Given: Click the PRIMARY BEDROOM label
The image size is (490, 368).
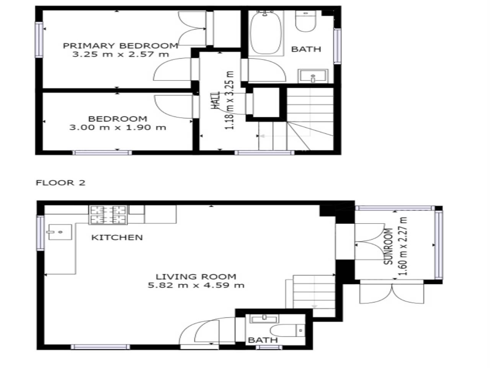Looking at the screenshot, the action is click(x=121, y=46).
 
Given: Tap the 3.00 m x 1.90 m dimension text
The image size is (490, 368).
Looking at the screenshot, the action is click(x=118, y=128).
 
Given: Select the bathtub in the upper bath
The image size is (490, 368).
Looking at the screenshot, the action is click(x=266, y=33).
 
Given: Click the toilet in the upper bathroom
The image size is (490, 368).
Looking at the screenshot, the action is click(x=306, y=21).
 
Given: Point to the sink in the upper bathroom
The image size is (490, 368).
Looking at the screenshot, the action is click(x=313, y=76).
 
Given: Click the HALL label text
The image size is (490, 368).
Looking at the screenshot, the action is click(x=216, y=100).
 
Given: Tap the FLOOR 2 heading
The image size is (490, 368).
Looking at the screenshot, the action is click(x=60, y=183).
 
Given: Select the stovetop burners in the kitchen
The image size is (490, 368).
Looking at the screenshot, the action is click(x=108, y=215).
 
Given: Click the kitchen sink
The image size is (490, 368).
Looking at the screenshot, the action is click(x=59, y=232).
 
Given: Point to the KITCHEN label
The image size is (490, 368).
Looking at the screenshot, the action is click(x=117, y=237).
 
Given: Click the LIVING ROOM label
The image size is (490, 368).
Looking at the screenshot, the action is click(x=196, y=277).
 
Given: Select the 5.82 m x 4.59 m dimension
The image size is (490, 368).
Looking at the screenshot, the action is click(x=196, y=285).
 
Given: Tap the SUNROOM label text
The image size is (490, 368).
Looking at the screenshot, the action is click(x=388, y=246).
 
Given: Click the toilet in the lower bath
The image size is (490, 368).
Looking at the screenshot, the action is click(x=288, y=330).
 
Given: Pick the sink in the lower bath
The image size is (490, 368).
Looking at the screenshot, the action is click(x=264, y=319).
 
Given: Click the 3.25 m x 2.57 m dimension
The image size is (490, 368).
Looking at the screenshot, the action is click(x=121, y=54).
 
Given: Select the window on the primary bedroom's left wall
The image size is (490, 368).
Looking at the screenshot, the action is click(x=39, y=40).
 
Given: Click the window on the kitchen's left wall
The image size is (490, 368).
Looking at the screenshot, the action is click(x=41, y=233).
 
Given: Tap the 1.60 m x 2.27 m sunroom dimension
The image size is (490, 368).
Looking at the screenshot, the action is click(x=404, y=246).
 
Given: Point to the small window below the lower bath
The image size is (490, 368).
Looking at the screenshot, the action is click(x=269, y=347).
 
